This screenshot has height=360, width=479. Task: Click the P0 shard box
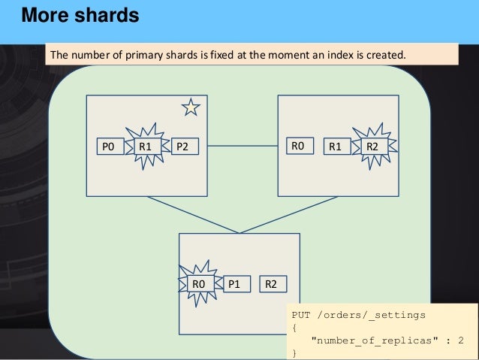107,147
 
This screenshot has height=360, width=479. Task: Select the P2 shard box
182,147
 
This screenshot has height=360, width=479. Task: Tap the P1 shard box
234,284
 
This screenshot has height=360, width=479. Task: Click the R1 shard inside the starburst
146,147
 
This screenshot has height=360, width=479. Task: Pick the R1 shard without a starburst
335,147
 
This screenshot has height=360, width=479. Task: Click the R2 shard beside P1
271,284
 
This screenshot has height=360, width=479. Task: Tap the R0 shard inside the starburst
198,284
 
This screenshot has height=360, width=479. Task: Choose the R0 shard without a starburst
297,145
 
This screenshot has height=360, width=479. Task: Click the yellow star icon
191,108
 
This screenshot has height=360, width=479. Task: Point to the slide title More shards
80,16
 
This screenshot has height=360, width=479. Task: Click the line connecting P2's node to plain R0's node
243,145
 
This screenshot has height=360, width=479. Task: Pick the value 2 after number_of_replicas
460,340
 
